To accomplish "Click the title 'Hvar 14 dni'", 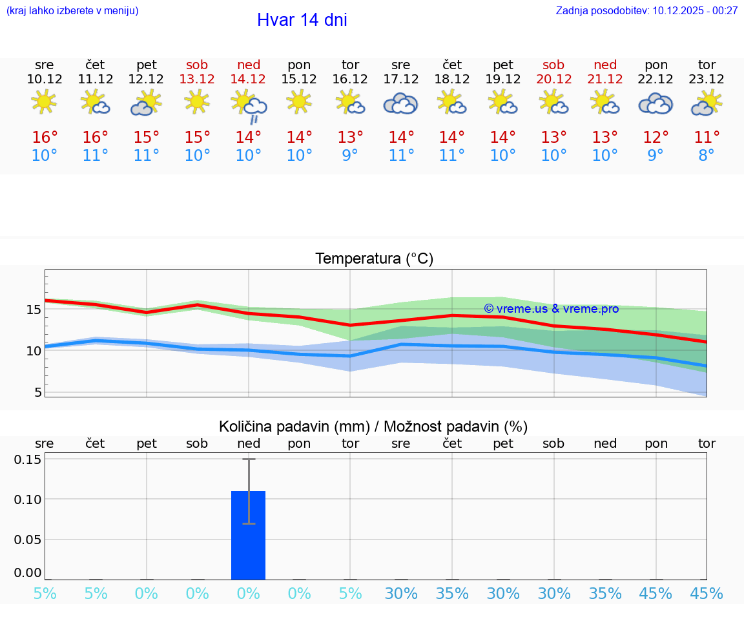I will [x=302, y=20].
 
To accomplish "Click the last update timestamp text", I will [x=646, y=10].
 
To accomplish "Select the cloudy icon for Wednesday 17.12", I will [x=401, y=103].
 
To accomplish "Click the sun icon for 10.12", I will [x=44, y=101].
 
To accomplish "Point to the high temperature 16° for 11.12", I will [x=96, y=138].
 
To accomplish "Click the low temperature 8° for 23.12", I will [x=707, y=156].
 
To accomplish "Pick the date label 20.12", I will [x=553, y=79].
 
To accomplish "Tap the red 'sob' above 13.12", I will [x=197, y=65].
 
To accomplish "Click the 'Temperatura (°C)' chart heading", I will [x=374, y=259].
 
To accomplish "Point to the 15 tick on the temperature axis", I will [x=34, y=310].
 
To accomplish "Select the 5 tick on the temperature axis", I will [x=37, y=392].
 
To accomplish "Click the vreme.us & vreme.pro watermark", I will [x=551, y=309].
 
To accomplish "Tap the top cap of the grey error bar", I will [x=249, y=459].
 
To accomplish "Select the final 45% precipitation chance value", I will [x=707, y=594].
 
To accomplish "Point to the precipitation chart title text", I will [x=373, y=426].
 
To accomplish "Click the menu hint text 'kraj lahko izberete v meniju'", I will [x=72, y=10].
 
